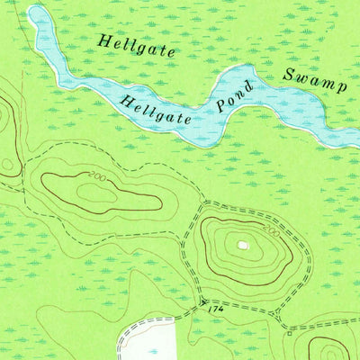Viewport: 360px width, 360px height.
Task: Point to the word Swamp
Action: tap(314, 80)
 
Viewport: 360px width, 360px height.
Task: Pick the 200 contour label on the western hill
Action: tap(98, 177)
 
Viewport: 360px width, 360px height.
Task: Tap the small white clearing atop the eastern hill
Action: tap(242, 243)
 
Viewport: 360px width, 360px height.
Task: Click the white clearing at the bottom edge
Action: tap(148, 339)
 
